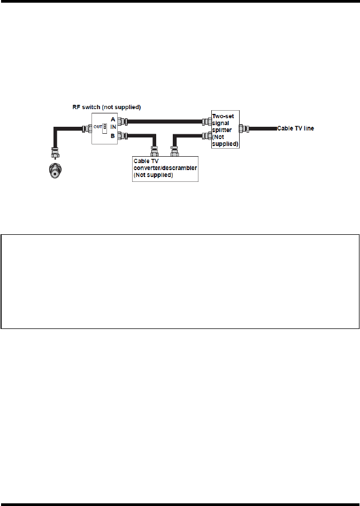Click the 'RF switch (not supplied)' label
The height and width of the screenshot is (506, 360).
point(107,107)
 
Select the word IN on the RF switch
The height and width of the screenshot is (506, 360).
point(114,128)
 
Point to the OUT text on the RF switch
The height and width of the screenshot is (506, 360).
point(98,126)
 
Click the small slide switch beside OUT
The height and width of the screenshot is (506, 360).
point(105,126)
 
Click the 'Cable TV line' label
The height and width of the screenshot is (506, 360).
point(295,129)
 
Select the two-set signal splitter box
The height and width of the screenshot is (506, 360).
point(225,129)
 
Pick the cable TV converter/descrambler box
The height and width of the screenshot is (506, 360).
point(165,168)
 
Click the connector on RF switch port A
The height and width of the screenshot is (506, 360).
point(123,121)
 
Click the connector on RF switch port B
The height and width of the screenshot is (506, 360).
point(123,135)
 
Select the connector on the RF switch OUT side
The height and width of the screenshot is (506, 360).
point(86,128)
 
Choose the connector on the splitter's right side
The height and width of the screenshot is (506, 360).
point(243,129)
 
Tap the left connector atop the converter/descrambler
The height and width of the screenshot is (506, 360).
point(155,151)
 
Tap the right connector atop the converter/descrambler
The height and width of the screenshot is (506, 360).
point(173,151)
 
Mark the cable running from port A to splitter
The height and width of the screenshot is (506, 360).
point(166,121)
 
